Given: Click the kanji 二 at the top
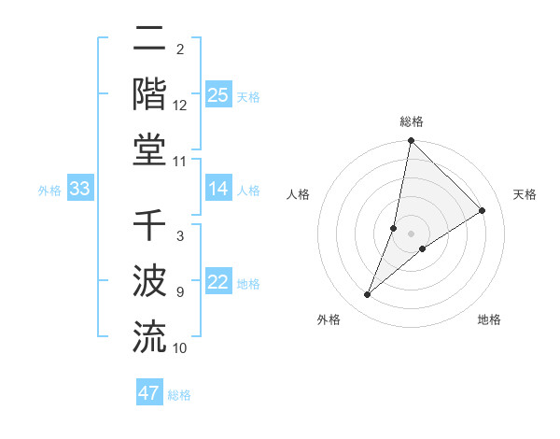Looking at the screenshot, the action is (149, 42).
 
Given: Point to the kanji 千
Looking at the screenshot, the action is (149, 227).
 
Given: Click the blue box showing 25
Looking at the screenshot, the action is (218, 95).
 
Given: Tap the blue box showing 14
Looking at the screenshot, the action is (218, 190).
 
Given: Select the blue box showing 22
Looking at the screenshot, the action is (218, 283).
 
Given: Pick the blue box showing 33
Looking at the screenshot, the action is (79, 190).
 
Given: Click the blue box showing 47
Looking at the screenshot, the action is (149, 393).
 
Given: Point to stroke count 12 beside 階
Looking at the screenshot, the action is (180, 106).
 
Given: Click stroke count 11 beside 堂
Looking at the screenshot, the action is (180, 162).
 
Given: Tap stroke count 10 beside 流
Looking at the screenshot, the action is (180, 348).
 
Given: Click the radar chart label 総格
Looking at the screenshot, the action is (412, 121).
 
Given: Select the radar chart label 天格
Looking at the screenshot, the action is (525, 194).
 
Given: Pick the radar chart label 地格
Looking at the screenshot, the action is (489, 319).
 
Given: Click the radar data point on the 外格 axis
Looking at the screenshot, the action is (368, 295).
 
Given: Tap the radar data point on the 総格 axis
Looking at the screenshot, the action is (412, 142).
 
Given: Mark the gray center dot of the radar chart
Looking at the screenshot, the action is (412, 234).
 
